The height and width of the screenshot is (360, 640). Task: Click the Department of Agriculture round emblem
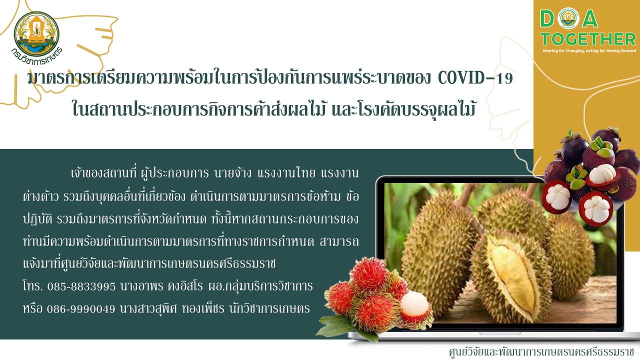[36, 33]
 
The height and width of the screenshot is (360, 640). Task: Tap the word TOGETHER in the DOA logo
[588, 39]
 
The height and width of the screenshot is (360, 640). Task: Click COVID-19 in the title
[475, 78]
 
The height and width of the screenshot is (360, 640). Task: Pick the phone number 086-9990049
[81, 309]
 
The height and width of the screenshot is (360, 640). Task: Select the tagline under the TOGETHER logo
[589, 51]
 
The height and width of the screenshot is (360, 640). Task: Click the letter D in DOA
[547, 19]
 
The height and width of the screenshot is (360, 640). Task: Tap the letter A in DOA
[590, 19]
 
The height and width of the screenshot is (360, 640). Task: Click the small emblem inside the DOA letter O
[568, 18]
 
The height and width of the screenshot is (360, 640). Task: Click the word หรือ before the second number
[32, 308]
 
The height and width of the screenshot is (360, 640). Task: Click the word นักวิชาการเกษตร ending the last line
[269, 308]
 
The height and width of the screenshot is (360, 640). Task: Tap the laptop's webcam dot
[500, 181]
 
